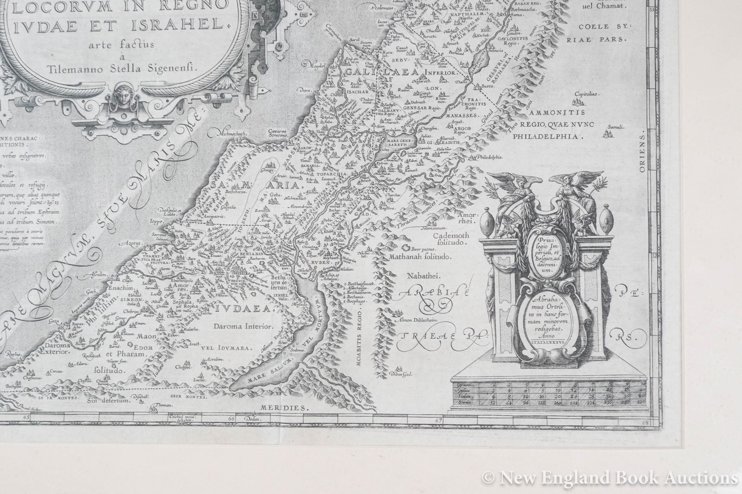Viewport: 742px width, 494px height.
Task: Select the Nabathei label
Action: (x=420, y=276)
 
